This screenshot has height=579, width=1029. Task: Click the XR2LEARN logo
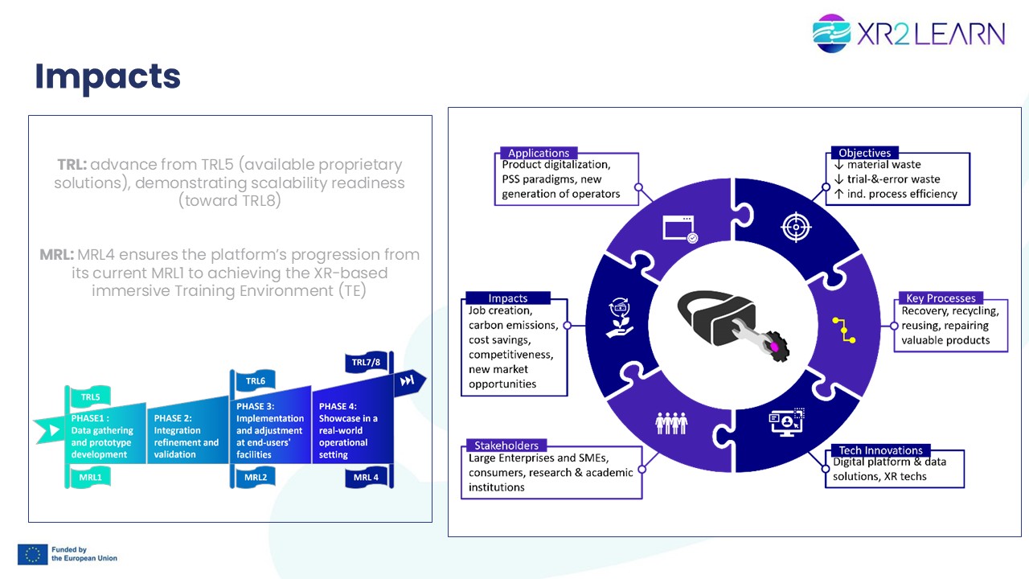[x=908, y=33]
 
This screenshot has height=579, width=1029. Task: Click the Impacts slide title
[x=108, y=76]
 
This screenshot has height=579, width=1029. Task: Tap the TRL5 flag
[x=90, y=396]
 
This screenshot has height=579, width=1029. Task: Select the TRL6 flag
[x=255, y=380]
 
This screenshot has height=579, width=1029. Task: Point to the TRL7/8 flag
[x=366, y=362]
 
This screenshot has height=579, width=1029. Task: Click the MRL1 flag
[x=90, y=477]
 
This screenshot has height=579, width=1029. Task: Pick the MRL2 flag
[x=256, y=477]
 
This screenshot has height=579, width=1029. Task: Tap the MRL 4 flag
[x=366, y=477]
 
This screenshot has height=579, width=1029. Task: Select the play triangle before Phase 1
[x=54, y=430]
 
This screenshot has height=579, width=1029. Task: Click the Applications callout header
[x=539, y=153]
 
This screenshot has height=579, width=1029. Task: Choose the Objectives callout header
[x=864, y=153]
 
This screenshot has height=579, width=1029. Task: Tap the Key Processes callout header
[x=941, y=298]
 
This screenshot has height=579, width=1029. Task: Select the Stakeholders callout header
[x=506, y=446]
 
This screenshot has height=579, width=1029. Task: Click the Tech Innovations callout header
[x=880, y=450]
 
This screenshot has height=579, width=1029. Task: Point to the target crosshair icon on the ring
[x=796, y=227]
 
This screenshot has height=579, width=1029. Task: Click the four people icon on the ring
[x=671, y=423]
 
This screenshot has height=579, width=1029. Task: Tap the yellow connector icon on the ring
[x=844, y=330]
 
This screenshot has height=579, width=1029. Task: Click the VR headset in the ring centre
[x=732, y=325]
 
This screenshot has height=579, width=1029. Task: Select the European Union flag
[x=33, y=554]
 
